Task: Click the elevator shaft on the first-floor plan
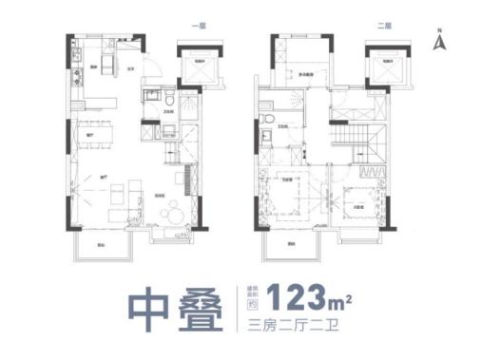coord(202,69)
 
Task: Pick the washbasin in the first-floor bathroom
coord(149,95)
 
